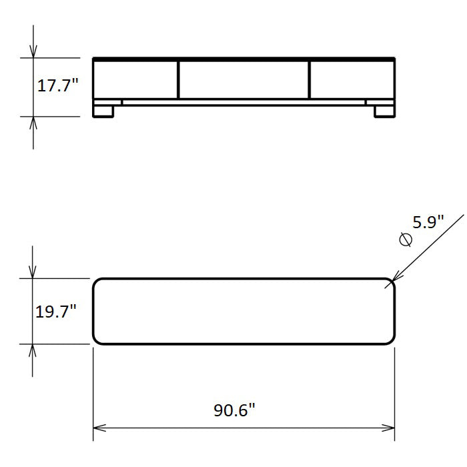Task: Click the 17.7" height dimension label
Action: (57, 85)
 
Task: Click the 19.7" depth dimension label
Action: (56, 312)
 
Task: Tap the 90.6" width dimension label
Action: (234, 410)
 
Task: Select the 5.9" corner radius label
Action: (428, 222)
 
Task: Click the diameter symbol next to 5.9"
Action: (406, 240)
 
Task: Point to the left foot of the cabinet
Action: (103, 111)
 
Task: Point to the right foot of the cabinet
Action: (384, 111)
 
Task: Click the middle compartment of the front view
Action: (244, 80)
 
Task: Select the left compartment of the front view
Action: (135, 80)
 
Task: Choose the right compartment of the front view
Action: (352, 80)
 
